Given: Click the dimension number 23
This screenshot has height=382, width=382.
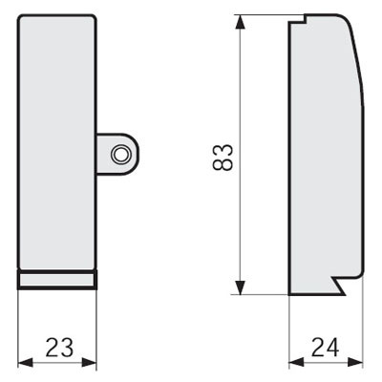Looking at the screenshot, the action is [59, 347].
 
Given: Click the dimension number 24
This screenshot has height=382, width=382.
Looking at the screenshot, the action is [326, 347].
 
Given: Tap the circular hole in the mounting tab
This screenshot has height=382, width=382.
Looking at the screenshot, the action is [120, 155].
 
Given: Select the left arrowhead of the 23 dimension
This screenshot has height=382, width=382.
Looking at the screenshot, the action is [26, 362].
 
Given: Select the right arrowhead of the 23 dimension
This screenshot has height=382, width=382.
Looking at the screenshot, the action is [89, 362].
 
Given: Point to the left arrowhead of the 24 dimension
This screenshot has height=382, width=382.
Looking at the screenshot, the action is [296, 362].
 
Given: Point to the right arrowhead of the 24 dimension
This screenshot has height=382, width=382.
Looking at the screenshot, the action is [355, 362].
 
